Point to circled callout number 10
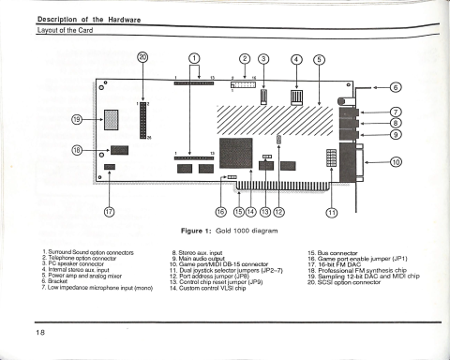pyautogui.click(x=397, y=162)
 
